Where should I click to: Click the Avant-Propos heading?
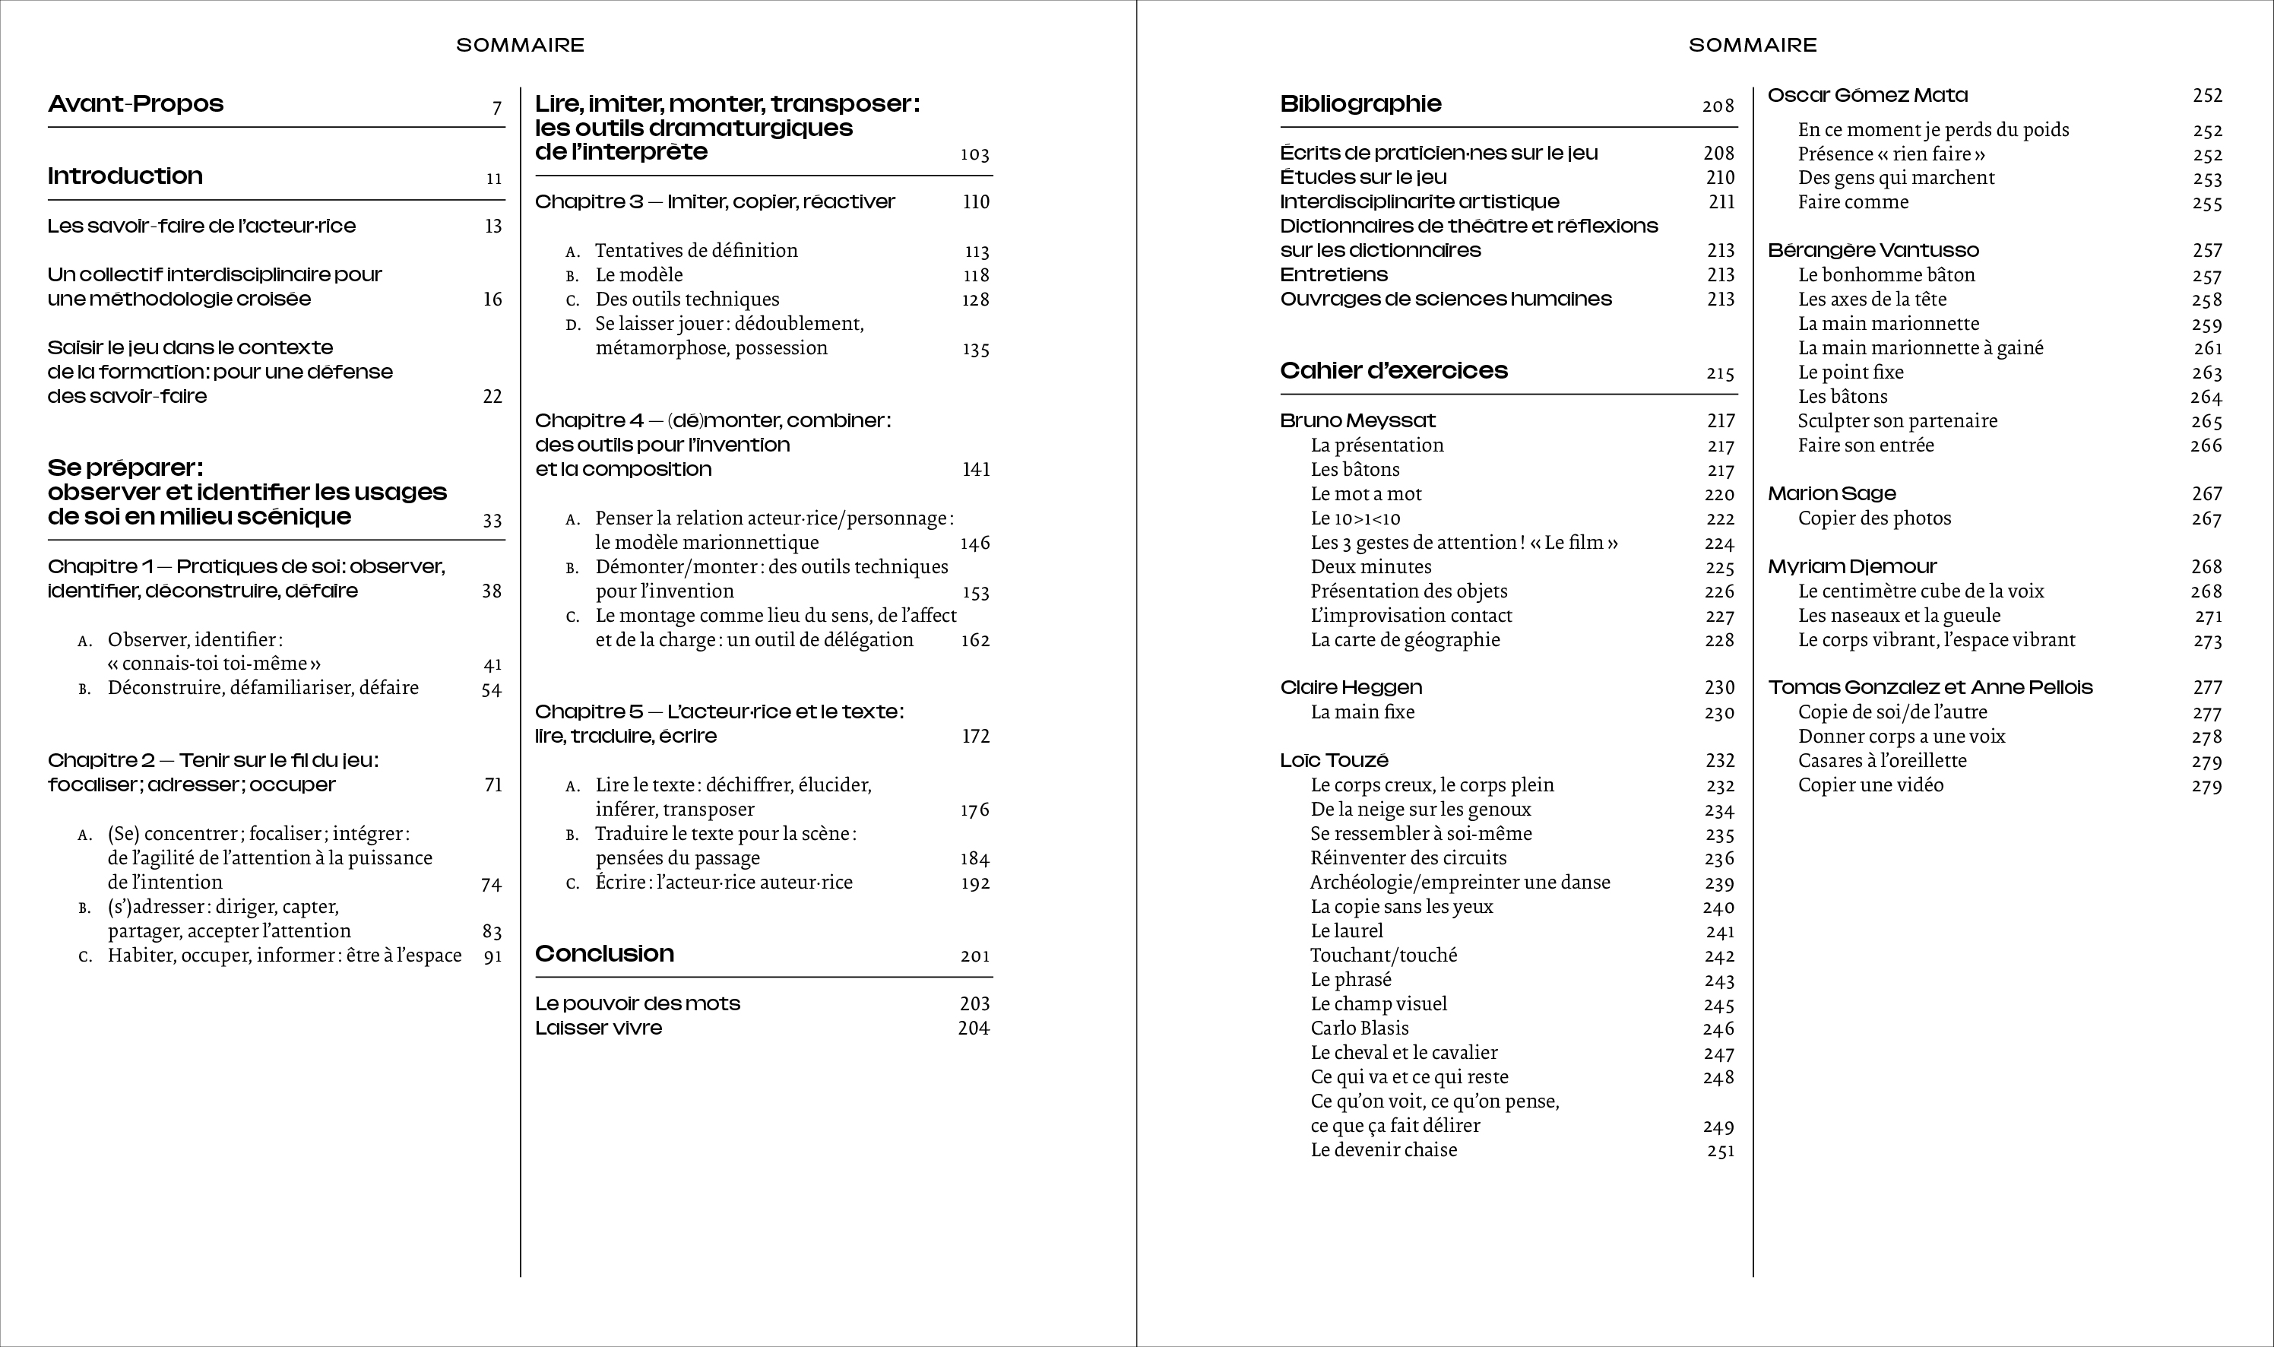click(x=136, y=103)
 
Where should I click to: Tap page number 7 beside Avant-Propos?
click(x=496, y=108)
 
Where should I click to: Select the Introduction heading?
click(x=125, y=176)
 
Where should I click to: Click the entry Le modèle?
click(x=639, y=275)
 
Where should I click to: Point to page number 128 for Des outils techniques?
click(x=975, y=300)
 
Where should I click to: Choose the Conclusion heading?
click(x=604, y=953)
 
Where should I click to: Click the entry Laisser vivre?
click(x=599, y=1028)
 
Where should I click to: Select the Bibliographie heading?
click(x=1360, y=103)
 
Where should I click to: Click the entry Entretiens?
click(x=1334, y=275)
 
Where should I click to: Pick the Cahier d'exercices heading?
click(x=1394, y=370)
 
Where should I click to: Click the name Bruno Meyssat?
click(x=1357, y=420)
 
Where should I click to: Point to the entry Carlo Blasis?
click(x=1360, y=1028)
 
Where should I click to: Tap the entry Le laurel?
click(x=1347, y=931)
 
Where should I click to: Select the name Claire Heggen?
click(x=1351, y=687)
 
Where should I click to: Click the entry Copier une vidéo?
click(x=1871, y=785)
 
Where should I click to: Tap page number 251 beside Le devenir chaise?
click(x=1720, y=1151)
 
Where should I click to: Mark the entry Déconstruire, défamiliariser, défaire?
click(x=263, y=688)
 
